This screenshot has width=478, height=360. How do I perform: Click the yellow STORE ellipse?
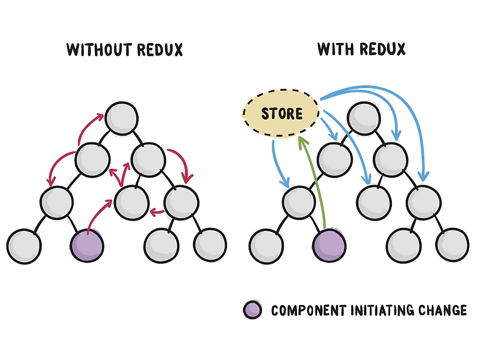point(281,113)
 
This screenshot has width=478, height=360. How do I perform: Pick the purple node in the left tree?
point(87,245)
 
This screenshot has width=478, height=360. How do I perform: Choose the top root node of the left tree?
point(119,116)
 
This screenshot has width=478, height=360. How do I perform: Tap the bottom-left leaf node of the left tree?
point(24,245)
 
